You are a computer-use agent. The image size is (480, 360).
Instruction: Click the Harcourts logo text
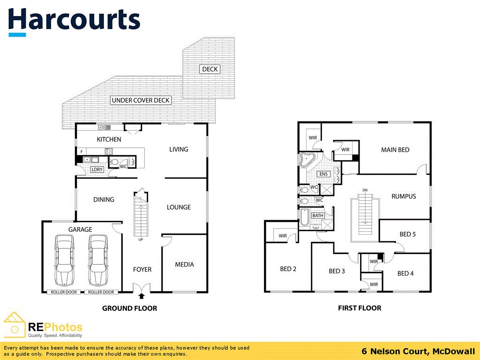[74, 21]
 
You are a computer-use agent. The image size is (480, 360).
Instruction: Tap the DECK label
[210, 69]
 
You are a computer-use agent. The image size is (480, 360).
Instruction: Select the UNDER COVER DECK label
[141, 100]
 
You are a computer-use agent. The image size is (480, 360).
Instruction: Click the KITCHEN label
[109, 139]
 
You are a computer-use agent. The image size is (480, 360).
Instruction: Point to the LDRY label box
[97, 170]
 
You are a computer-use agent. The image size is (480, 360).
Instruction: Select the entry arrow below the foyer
[142, 295]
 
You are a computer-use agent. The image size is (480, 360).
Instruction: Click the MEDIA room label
[184, 264]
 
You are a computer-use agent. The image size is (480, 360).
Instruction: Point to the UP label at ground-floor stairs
[140, 240]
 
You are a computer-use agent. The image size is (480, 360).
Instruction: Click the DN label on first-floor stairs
[365, 190]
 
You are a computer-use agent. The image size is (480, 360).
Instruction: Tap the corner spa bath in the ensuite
[308, 160]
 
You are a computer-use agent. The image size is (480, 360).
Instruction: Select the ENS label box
[323, 174]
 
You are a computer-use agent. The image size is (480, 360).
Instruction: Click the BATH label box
[318, 216]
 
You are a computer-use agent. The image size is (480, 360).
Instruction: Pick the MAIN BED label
[395, 150]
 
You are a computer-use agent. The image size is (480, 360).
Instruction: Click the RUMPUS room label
[404, 196]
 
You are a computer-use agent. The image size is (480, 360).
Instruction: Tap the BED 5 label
[407, 234]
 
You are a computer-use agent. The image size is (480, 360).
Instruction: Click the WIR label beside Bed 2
[283, 236]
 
